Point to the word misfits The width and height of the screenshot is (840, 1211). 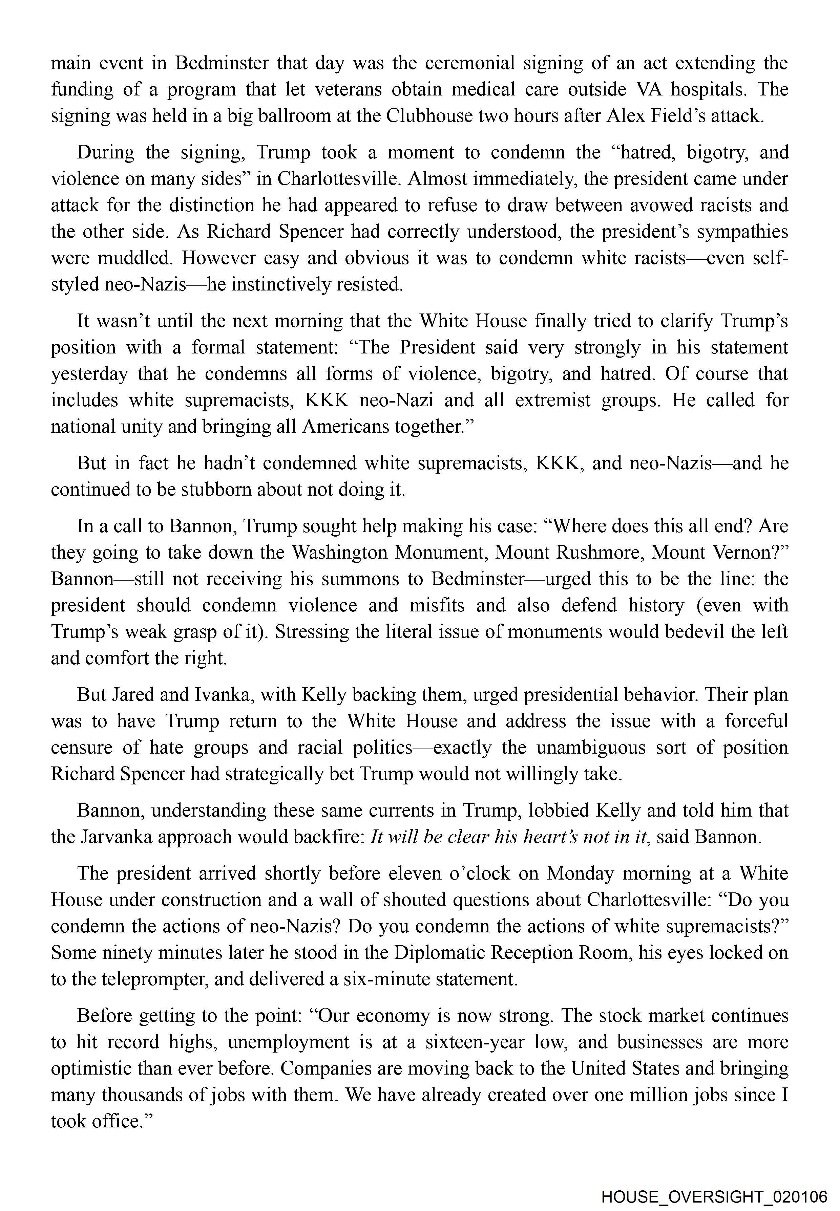(437, 605)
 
